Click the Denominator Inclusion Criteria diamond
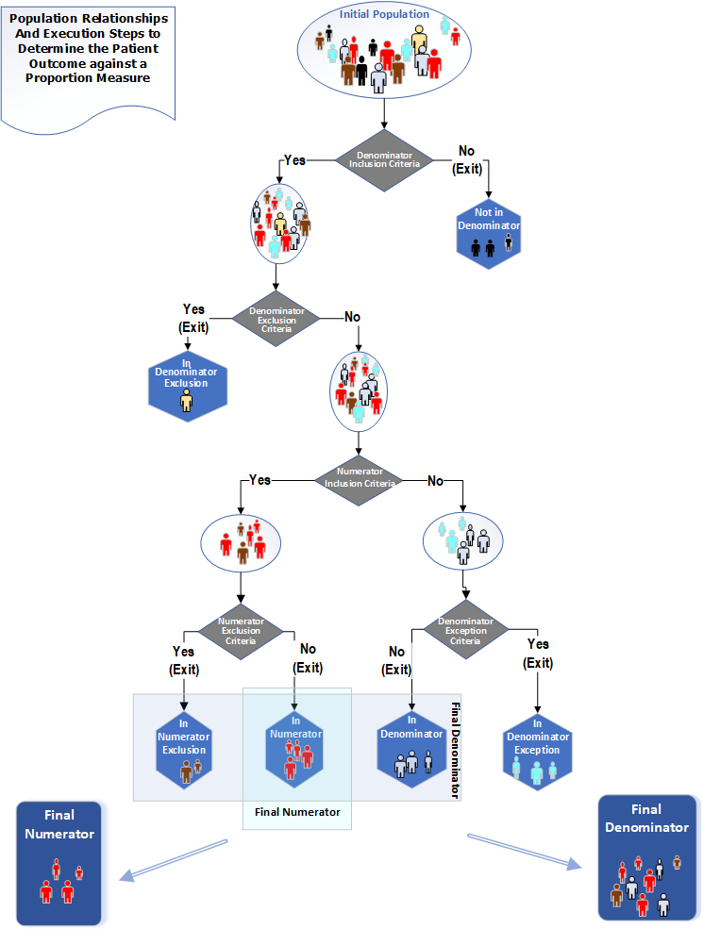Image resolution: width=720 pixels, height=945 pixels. click(384, 159)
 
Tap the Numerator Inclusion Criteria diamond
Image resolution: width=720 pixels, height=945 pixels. click(359, 479)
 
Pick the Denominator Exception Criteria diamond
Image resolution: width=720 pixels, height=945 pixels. click(464, 630)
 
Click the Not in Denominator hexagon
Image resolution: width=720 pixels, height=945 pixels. click(490, 231)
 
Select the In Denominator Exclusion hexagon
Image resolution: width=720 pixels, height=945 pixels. click(186, 382)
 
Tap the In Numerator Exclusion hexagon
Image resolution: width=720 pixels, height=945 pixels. click(182, 750)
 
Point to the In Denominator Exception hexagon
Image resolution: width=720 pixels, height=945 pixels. click(537, 750)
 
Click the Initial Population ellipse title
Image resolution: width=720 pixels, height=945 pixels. click(384, 15)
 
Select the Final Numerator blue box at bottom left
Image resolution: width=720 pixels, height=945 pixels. click(59, 863)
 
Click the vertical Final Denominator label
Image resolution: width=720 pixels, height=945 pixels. click(454, 751)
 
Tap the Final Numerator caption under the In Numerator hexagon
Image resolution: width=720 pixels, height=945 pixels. click(297, 811)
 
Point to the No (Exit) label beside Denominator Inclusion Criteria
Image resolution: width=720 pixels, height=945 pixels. click(469, 159)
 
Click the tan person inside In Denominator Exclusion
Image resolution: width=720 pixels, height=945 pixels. click(186, 402)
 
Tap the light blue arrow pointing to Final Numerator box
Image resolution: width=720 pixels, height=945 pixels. click(175, 859)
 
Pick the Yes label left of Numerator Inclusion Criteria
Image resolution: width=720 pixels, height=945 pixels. click(259, 480)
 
